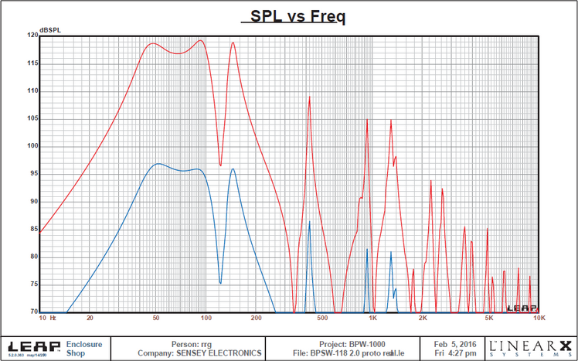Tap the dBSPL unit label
(50, 29)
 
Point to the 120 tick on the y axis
(32, 36)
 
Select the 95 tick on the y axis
(32, 174)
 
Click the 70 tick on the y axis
(32, 312)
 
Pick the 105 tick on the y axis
(32, 118)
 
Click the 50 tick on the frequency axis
(157, 318)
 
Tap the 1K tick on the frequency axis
(372, 318)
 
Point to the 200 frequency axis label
(257, 318)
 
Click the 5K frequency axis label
(488, 318)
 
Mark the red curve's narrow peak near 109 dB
(309, 97)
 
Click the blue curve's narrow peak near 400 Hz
(309, 222)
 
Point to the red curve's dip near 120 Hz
(220, 165)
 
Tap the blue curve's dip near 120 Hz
(220, 283)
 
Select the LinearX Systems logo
(531, 348)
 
